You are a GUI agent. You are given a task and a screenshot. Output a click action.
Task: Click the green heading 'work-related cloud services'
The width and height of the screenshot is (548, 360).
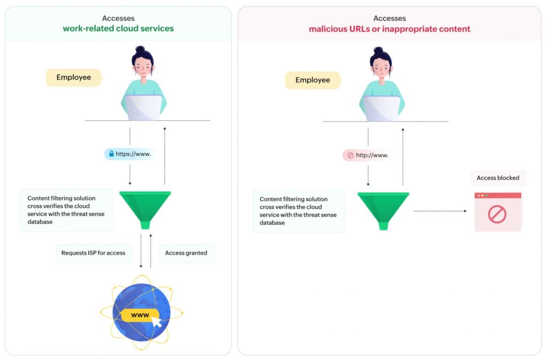(118, 28)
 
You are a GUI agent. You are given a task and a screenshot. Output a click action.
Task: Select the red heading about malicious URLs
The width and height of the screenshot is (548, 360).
(389, 29)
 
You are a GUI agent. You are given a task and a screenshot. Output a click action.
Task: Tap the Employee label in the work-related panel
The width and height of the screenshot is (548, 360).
(74, 78)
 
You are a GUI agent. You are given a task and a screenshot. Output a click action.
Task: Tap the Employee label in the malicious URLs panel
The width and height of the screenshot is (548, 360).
(313, 80)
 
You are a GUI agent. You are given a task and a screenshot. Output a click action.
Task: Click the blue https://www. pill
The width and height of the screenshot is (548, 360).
(131, 154)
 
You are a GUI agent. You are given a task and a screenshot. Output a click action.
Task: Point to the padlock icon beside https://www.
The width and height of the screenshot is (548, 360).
(111, 154)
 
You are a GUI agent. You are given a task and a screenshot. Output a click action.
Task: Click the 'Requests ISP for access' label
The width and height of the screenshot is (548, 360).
(93, 253)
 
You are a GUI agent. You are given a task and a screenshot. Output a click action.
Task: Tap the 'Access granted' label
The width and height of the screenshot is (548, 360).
(186, 253)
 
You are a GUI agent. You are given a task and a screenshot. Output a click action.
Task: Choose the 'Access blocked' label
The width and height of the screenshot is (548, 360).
(498, 178)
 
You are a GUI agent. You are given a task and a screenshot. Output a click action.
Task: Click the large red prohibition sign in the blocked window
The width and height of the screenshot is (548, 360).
(497, 215)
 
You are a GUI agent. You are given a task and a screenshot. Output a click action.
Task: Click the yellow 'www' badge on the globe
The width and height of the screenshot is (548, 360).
(140, 315)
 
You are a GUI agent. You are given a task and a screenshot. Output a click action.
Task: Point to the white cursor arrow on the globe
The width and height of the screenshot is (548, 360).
(157, 323)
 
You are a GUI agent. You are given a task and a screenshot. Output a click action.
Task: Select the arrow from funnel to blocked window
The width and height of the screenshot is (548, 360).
(439, 211)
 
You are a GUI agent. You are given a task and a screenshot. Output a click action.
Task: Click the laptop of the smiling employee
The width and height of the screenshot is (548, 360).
(143, 108)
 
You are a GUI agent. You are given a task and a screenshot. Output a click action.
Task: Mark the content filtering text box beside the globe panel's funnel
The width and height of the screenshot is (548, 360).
(66, 210)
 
